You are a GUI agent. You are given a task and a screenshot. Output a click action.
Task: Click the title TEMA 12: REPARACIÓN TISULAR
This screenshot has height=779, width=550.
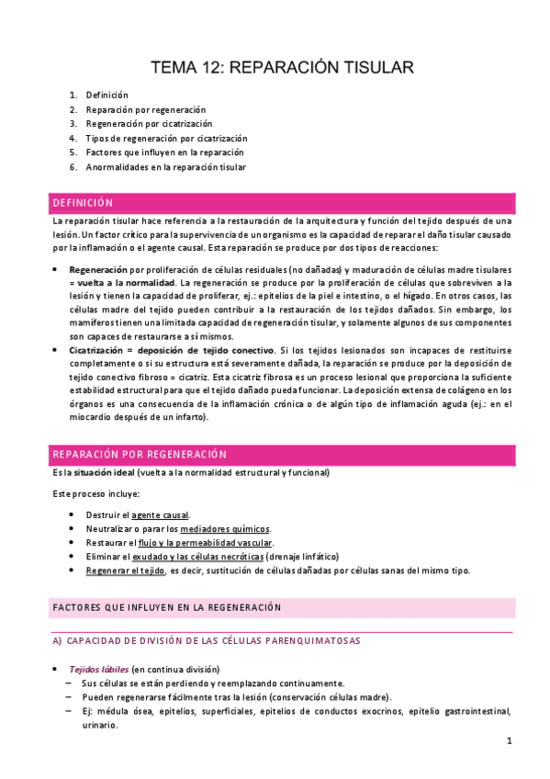point(283,67)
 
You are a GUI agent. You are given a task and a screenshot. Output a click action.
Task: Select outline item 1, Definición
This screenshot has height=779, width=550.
point(107,95)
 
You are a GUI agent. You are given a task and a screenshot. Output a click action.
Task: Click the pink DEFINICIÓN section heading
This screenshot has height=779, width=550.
point(83,203)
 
